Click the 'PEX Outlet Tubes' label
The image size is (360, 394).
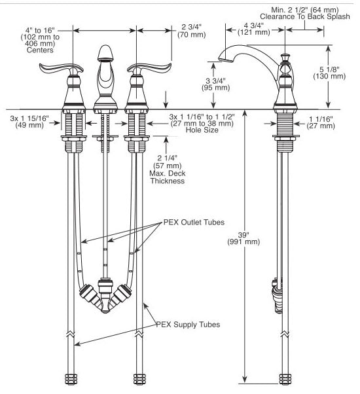point(194,223)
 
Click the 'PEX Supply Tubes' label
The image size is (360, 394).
point(188,325)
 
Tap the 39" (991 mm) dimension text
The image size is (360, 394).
point(243,238)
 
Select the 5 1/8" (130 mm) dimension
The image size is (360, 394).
point(329,73)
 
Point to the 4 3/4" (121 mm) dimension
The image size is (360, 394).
point(254,29)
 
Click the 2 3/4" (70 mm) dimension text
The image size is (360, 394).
point(191,31)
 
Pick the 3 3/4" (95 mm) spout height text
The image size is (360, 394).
point(215,84)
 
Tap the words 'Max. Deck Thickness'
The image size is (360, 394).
point(168,177)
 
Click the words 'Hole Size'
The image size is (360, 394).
point(202,130)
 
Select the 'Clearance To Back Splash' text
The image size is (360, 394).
point(305,16)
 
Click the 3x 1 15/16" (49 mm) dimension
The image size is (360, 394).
point(29,122)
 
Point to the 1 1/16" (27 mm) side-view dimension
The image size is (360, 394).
point(321,122)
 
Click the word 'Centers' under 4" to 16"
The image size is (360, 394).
point(40,50)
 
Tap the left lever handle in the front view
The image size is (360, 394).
point(61,69)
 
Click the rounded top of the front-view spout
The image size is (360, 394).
point(105,52)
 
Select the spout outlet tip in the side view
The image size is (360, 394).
point(225,60)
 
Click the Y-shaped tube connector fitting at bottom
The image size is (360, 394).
point(105,296)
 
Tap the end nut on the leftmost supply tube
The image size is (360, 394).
point(71,380)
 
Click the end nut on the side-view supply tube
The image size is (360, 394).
point(285,379)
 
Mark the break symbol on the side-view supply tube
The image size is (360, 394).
point(285,334)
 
